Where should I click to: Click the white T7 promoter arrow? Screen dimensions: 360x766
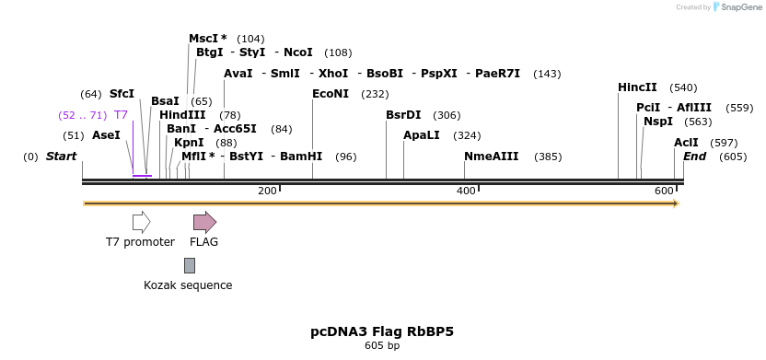[x=141, y=222]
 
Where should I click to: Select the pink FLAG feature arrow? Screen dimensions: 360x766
[x=204, y=222]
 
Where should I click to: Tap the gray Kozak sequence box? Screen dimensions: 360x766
[x=190, y=265]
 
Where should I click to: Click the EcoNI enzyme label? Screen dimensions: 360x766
[x=331, y=94]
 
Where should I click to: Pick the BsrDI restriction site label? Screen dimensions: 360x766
[x=403, y=115]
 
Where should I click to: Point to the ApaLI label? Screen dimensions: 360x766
[x=422, y=135]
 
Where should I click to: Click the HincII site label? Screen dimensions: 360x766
[x=637, y=87]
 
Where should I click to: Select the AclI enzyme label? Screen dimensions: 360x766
[x=686, y=143]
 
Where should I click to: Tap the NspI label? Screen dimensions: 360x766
[x=657, y=122]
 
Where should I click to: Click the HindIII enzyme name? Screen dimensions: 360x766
[x=182, y=115]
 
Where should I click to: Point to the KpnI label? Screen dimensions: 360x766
[x=189, y=143]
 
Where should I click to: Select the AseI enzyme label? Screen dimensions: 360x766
[x=106, y=135]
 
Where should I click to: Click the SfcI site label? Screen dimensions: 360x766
[x=122, y=94]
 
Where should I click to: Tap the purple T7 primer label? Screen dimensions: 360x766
[x=121, y=115]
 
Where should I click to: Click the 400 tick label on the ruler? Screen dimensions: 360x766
[x=467, y=191]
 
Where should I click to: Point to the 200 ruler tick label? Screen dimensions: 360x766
[x=267, y=191]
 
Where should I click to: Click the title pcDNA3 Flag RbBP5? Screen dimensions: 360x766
[x=382, y=331]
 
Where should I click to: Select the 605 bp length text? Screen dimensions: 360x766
[x=382, y=346]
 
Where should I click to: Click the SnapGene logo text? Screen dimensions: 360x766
[x=741, y=7]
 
